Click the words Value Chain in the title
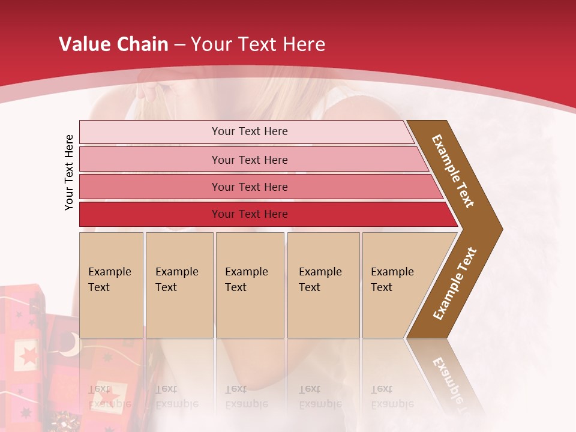click(113, 44)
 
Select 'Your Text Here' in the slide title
click(258, 44)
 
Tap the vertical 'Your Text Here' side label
click(70, 172)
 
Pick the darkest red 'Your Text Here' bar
click(250, 214)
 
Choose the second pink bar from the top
click(250, 160)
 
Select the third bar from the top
click(250, 187)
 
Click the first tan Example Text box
click(111, 285)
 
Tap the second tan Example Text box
click(179, 285)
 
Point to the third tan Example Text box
click(250, 285)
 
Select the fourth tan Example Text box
click(323, 285)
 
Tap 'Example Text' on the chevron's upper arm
click(453, 171)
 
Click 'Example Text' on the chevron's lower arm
click(455, 284)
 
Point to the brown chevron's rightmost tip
click(501, 229)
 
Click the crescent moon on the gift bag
click(70, 343)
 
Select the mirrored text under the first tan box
click(110, 396)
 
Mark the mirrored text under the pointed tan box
click(392, 396)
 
